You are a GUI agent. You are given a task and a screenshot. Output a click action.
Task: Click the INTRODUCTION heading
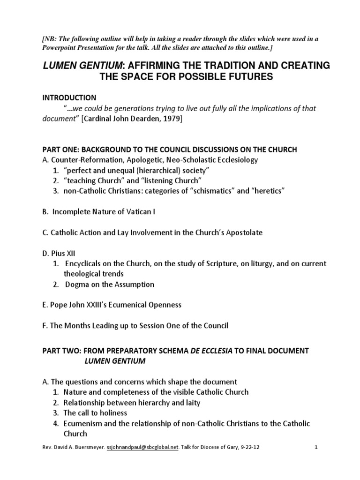[69, 97]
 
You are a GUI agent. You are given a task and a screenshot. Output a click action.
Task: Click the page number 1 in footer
[316, 460]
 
